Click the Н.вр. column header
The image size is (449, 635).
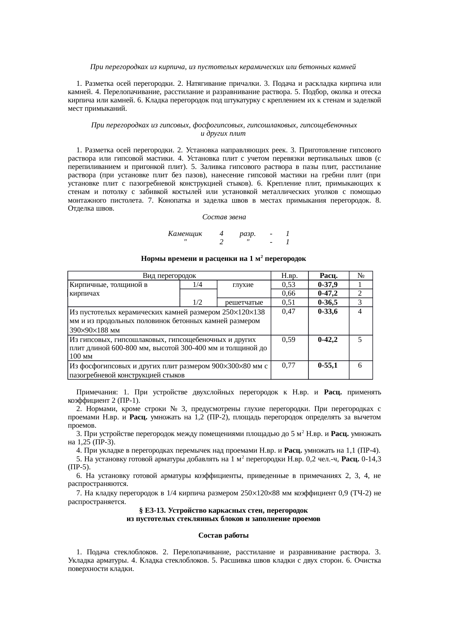[289, 276]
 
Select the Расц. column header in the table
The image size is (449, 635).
[328, 276]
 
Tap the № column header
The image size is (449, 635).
[360, 276]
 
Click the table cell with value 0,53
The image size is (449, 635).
[289, 285]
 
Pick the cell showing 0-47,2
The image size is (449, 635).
[328, 293]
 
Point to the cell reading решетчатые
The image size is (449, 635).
[243, 302]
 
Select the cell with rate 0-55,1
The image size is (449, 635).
[328, 365]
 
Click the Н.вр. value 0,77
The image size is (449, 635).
[289, 365]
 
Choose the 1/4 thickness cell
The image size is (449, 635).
[197, 285]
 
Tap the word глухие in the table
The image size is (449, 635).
[243, 285]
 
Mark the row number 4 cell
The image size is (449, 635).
[360, 312]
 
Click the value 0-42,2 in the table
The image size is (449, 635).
[328, 340]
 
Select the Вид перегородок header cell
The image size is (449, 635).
[169, 276]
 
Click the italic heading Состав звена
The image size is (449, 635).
[224, 217]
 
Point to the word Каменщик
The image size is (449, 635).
[185, 234]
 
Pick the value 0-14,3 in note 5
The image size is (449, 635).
[371, 459]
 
